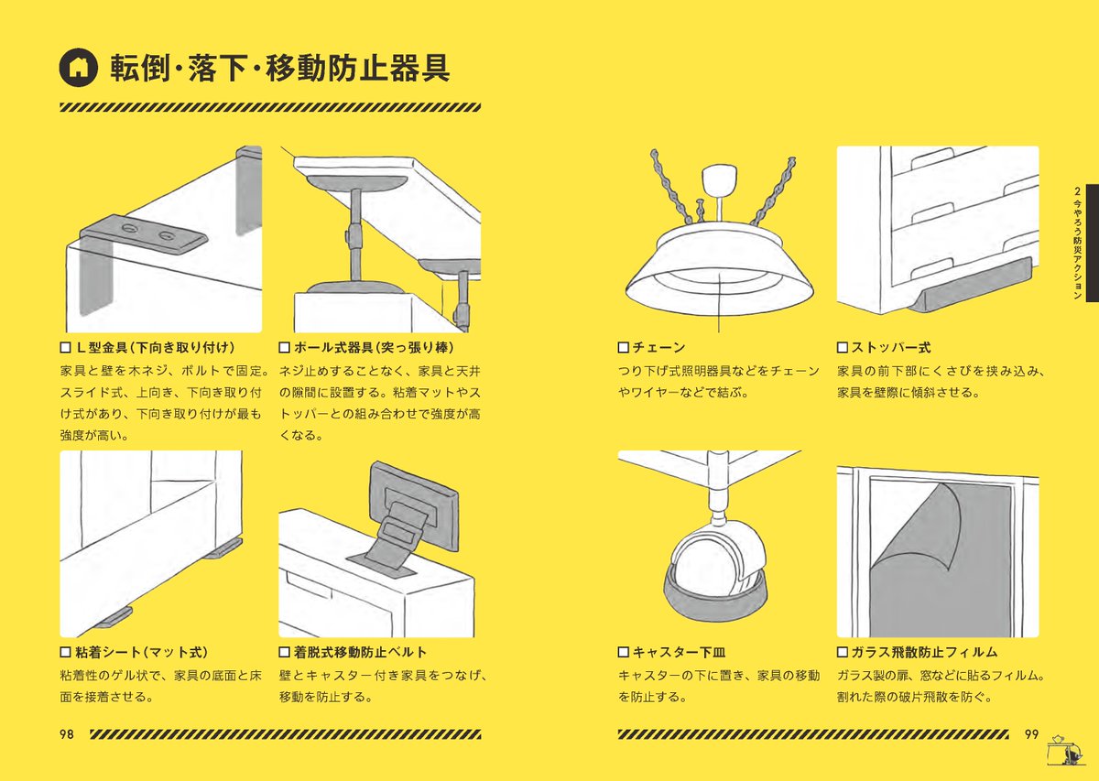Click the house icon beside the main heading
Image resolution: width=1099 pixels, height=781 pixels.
(78, 68)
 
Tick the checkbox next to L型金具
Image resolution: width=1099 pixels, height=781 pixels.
(65, 348)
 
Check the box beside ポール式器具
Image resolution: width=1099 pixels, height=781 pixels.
(284, 348)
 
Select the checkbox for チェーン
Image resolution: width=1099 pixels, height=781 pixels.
(623, 348)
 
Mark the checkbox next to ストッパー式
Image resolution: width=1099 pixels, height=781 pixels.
(842, 348)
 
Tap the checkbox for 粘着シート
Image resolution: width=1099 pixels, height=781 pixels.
(65, 652)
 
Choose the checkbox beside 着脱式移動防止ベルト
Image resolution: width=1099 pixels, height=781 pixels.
(284, 652)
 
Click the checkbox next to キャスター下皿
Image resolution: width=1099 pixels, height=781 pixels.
(623, 652)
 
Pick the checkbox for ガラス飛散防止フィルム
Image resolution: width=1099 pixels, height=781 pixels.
(842, 652)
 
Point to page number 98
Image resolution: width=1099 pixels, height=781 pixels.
(67, 734)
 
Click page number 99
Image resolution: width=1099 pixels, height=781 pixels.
(1031, 734)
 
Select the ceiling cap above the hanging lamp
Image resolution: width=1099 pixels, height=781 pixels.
(719, 179)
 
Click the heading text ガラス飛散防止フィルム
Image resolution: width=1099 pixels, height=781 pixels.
(924, 652)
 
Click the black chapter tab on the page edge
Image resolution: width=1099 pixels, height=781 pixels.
(1092, 243)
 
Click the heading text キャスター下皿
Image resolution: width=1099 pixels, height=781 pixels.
(679, 652)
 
